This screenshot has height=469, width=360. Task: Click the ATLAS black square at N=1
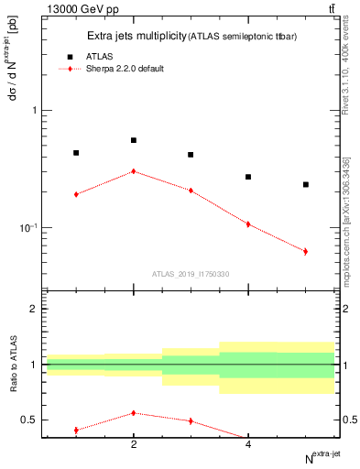click(x=76, y=153)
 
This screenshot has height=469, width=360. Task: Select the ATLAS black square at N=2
click(x=134, y=140)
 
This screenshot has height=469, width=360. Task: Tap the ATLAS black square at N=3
click(x=191, y=155)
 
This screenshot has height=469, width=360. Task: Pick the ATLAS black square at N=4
click(x=248, y=177)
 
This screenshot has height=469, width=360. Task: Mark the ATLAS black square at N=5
click(x=305, y=184)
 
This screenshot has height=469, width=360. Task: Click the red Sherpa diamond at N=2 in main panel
click(x=134, y=171)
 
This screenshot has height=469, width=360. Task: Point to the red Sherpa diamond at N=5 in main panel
click(x=305, y=251)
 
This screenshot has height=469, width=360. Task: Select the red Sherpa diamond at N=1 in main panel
click(x=76, y=194)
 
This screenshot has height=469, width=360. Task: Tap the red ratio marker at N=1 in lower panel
click(x=76, y=430)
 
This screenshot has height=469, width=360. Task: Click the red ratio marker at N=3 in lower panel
click(x=191, y=420)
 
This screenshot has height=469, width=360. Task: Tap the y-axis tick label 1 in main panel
click(x=35, y=111)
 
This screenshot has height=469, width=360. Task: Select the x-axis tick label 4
click(x=248, y=445)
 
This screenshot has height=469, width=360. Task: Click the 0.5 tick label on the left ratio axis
click(x=30, y=420)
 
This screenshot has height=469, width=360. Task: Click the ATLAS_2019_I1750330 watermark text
click(x=191, y=274)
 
